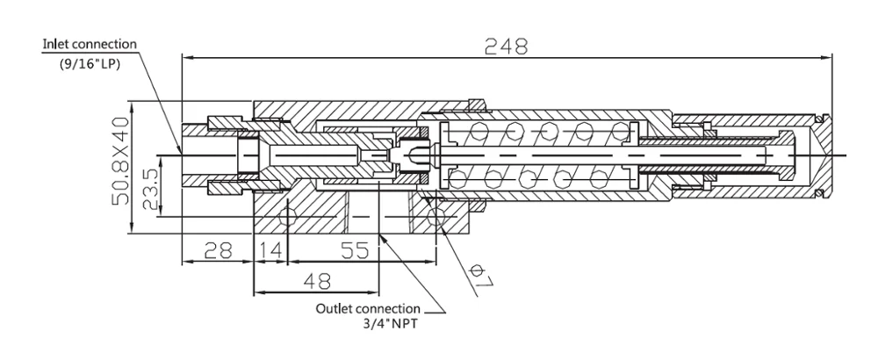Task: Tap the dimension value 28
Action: click(x=217, y=252)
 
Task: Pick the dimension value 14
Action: click(x=271, y=252)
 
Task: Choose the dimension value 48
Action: click(x=315, y=281)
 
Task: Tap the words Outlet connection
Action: click(x=367, y=310)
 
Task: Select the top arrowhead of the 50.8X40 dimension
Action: click(x=131, y=102)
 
